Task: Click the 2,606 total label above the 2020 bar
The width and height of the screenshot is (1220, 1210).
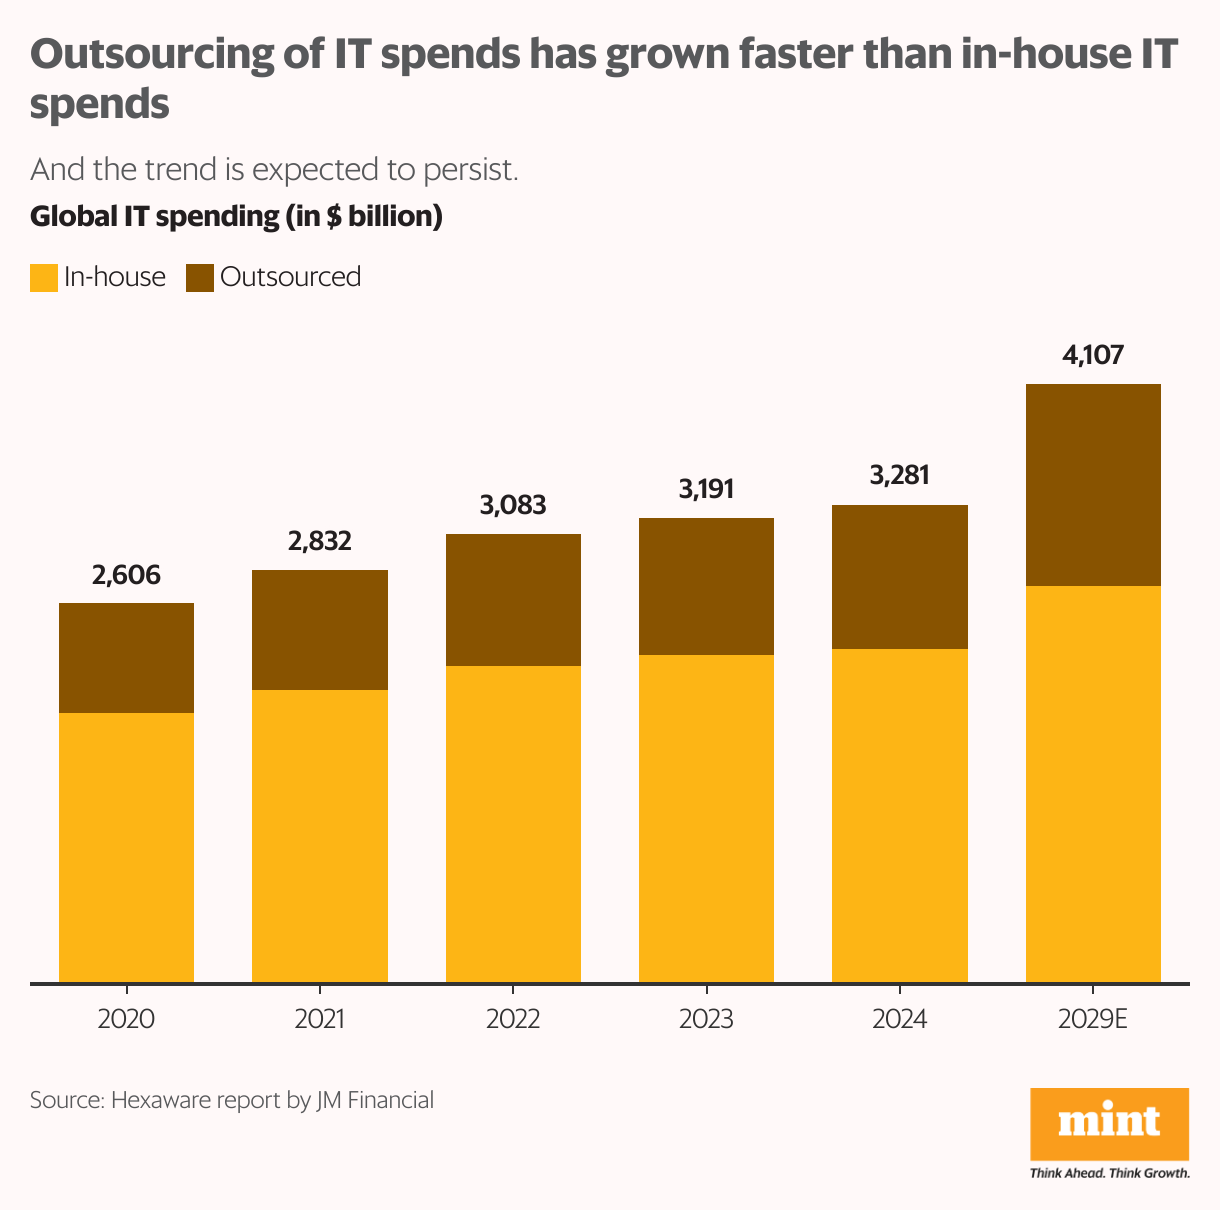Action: tap(126, 575)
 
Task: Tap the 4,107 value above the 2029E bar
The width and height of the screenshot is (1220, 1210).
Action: tap(1093, 355)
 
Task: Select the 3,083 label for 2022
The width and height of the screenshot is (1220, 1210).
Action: tap(513, 505)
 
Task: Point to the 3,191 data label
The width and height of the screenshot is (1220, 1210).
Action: tap(706, 489)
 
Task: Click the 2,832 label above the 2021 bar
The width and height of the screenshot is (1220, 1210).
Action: tap(320, 541)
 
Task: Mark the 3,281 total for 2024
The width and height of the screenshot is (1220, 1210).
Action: tap(899, 475)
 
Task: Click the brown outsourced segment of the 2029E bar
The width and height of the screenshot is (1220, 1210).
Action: tap(1093, 485)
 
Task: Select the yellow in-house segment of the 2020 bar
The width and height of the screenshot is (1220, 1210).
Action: tap(126, 847)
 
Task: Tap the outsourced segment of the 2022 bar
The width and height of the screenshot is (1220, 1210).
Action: tap(513, 600)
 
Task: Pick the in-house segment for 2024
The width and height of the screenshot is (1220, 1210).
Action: tap(899, 815)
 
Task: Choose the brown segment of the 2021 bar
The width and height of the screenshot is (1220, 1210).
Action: tap(320, 630)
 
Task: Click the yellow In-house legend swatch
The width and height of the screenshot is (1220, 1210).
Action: tap(44, 278)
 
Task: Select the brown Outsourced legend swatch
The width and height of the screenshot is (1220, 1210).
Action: tap(200, 278)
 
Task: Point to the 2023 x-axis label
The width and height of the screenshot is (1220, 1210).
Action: tap(706, 1019)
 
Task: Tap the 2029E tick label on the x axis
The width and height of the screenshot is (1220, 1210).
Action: tap(1093, 1019)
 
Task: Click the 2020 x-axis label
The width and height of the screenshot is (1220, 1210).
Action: tap(126, 1019)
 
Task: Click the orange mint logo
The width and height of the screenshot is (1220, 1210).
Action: tap(1109, 1124)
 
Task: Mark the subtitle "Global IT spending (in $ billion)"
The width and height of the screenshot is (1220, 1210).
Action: tap(236, 216)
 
